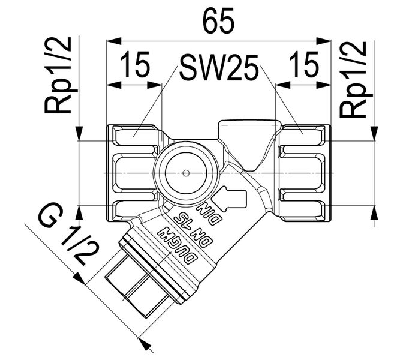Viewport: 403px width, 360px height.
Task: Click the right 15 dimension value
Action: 302,65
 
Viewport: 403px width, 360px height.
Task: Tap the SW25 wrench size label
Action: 218,71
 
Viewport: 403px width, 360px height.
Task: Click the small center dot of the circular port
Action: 186,173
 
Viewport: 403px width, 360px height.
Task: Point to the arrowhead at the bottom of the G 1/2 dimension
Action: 142,343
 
